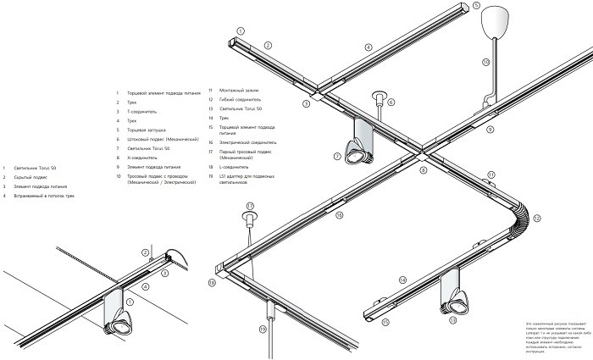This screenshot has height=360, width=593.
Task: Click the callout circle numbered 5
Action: tap(477, 6)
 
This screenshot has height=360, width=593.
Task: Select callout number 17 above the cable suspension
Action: tap(250, 206)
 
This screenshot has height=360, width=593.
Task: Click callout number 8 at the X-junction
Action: tap(423, 170)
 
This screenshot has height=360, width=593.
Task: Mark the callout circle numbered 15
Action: tap(385, 322)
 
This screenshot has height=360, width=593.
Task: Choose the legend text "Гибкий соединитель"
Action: tap(241, 99)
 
